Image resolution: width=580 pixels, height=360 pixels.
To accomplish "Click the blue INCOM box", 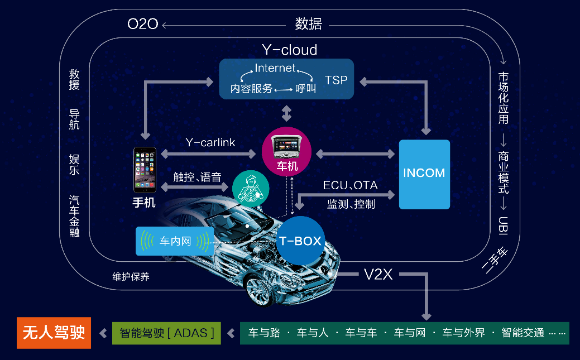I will (424, 174).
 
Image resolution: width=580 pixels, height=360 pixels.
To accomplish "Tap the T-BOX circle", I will (300, 241).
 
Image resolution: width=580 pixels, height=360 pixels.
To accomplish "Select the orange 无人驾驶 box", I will (54, 333).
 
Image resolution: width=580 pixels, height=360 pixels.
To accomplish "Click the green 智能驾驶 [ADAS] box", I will (167, 333).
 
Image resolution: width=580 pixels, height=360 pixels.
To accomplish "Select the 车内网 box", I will (175, 241).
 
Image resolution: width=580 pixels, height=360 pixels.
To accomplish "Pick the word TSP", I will (336, 80).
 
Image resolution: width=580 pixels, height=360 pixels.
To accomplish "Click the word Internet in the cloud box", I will (275, 68).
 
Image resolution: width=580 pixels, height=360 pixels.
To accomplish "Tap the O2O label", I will (143, 24).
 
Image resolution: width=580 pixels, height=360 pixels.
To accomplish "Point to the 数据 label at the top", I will (308, 24).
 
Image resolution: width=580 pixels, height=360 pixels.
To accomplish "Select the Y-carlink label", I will (210, 142).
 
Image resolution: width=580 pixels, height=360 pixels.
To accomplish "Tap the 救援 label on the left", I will (74, 79).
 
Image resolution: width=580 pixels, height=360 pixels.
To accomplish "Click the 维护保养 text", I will (131, 276).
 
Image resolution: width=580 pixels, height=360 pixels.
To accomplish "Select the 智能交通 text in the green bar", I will (523, 333).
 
